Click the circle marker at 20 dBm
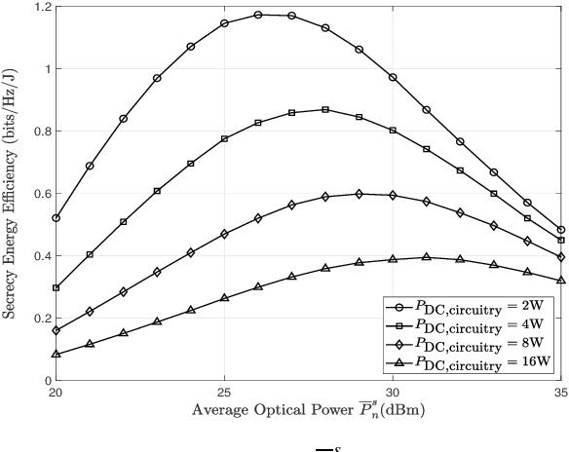coord(56,218)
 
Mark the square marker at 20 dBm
coord(56,288)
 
